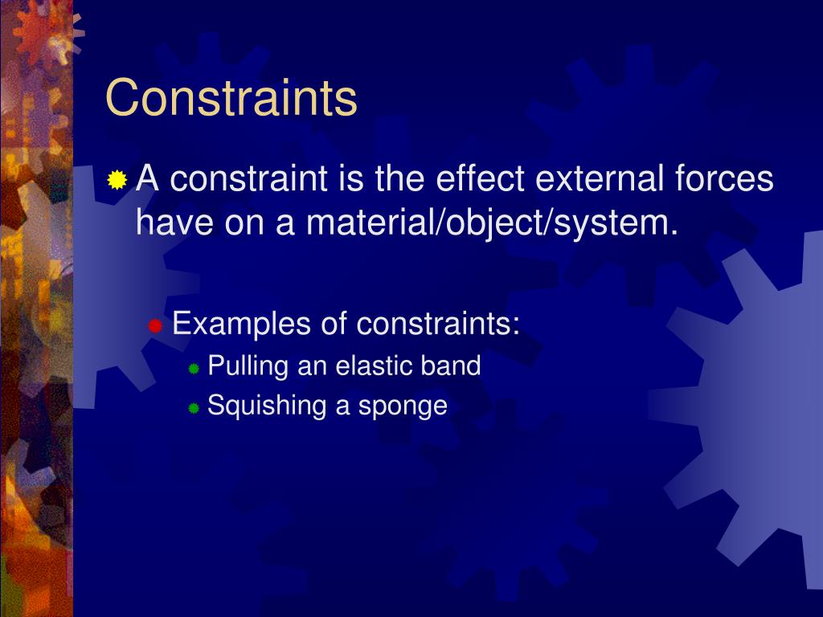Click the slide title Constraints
(x=231, y=98)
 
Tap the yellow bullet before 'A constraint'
(x=117, y=180)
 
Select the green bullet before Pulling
(x=194, y=369)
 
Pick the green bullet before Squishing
(x=194, y=408)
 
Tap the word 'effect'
(x=481, y=178)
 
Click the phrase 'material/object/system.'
(x=491, y=221)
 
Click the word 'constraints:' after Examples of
(x=439, y=325)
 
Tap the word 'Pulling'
(x=248, y=366)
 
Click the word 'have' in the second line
(x=170, y=221)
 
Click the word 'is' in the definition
(x=351, y=178)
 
